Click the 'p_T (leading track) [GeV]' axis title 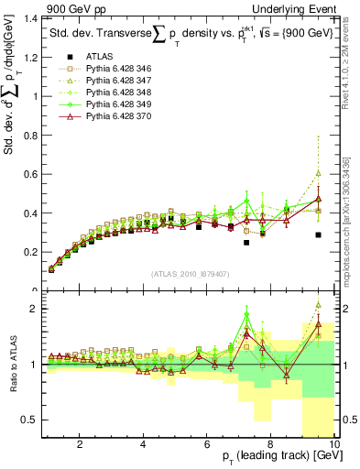coord(274,458)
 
